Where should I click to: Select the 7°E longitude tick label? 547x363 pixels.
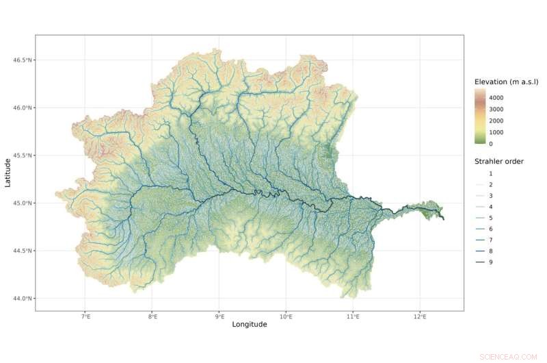pos(85,317)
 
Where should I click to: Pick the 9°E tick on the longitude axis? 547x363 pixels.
pos(219,317)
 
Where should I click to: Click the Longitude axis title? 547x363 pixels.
pos(250,325)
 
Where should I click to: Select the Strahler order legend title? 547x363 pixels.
pos(499,162)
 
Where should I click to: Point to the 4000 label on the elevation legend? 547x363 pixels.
pos(496,98)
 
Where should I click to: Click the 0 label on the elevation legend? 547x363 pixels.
pos(490,144)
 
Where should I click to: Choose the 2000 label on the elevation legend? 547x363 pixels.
pos(496,121)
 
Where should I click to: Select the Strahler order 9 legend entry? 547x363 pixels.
pos(490,262)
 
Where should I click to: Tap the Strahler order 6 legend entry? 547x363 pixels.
pos(490,229)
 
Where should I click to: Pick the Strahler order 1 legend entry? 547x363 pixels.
pos(490,174)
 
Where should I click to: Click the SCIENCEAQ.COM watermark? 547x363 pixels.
pos(509,356)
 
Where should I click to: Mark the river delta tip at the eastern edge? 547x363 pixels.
pos(444,219)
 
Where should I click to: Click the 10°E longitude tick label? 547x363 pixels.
pos(286,317)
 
